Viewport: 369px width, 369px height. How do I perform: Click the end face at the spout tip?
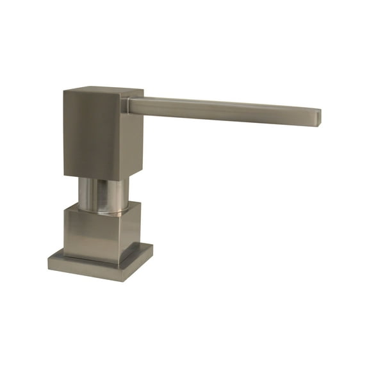317,117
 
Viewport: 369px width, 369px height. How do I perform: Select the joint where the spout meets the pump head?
131,105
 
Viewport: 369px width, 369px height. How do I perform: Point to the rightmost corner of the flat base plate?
152,248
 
